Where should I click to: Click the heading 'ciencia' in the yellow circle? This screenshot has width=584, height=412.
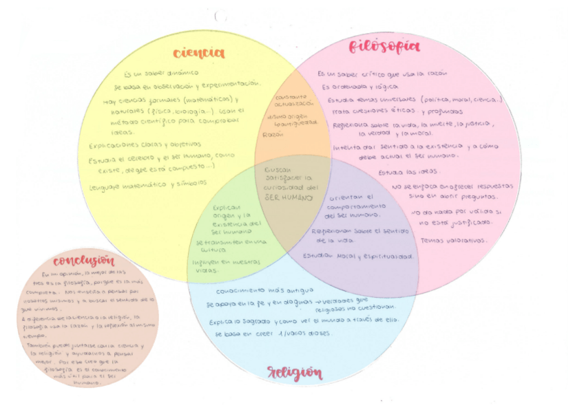click(198, 53)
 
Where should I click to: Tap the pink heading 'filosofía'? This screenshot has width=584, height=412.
click(384, 47)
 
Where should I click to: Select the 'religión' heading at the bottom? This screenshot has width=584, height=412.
click(294, 373)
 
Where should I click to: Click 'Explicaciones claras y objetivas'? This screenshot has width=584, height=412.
click(145, 144)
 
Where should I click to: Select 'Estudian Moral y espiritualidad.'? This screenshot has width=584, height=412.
click(359, 256)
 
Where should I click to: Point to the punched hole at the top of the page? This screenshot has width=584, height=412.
click(220, 15)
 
